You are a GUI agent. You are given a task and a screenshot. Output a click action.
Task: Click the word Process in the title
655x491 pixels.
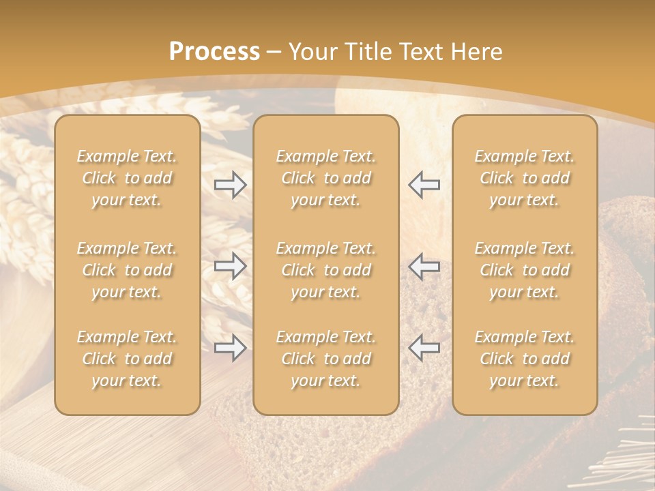point(214,52)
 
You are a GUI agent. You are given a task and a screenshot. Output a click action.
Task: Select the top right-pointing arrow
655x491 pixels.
point(231,185)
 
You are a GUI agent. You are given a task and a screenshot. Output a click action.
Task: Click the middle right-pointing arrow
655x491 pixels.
point(231,266)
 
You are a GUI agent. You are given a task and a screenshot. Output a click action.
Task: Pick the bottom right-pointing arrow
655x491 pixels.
point(231,348)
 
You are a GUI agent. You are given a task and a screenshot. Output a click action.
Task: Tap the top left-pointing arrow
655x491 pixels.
point(424,185)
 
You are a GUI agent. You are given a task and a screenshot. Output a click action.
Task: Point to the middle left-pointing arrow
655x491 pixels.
point(424,266)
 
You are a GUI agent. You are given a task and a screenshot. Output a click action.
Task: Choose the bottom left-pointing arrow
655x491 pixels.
point(424,348)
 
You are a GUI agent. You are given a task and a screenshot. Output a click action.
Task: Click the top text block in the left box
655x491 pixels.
point(127,178)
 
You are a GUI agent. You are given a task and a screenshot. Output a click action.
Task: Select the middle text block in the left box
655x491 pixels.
point(127,270)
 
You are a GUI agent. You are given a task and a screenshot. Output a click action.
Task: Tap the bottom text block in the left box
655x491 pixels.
point(127,359)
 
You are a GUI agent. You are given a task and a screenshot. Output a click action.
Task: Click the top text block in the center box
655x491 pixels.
point(326,178)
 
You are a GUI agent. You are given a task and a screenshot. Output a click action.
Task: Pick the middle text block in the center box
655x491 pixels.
point(326,270)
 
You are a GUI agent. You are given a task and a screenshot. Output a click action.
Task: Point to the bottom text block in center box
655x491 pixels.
point(326,359)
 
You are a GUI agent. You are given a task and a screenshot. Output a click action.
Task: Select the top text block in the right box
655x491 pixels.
point(525,178)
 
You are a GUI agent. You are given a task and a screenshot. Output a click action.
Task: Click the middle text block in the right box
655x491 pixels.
point(525,270)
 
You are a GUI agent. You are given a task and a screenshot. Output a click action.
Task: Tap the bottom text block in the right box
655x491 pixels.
point(525,359)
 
